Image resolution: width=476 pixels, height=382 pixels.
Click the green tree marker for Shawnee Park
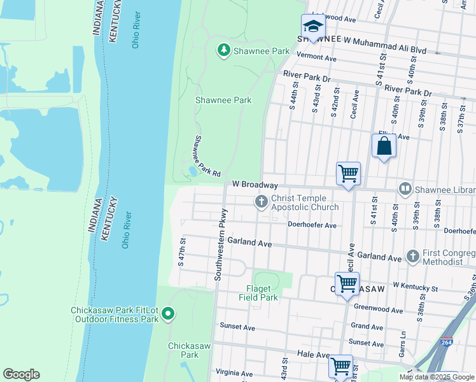coord(223,50)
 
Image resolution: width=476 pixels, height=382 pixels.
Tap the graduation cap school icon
coord(313,27)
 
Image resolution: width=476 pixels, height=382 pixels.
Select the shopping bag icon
coord(384,146)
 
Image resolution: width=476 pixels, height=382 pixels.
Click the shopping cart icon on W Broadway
coord(348,174)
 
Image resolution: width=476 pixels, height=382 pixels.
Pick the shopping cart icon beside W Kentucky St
coord(347,283)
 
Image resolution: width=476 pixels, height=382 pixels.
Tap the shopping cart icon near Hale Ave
coord(340,367)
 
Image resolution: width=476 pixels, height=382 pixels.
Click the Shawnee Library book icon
coord(404,188)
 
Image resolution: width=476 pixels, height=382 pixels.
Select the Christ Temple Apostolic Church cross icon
coord(261,202)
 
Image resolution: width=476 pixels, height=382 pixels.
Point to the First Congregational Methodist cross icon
coord(412,256)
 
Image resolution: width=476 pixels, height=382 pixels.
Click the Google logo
coord(21,374)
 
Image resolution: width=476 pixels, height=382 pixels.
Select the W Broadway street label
coord(255,185)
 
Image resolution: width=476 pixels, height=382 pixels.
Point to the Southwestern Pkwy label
coord(220,244)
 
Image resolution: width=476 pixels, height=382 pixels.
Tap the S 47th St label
coord(181,251)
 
